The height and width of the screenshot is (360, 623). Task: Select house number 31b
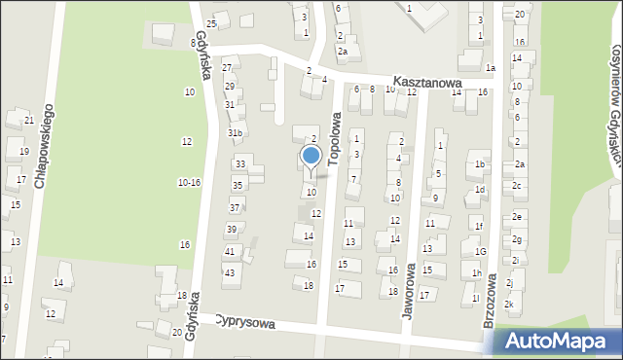click(235, 132)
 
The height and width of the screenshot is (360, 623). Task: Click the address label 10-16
click(189, 182)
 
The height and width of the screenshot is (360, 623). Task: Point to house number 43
click(230, 272)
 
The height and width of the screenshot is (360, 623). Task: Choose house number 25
click(212, 23)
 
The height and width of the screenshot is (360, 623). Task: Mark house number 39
click(231, 230)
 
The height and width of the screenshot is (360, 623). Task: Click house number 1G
click(480, 252)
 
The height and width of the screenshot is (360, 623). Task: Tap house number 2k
click(508, 305)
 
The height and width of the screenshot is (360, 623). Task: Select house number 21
click(29, 121)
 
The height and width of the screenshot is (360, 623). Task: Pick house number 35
click(237, 185)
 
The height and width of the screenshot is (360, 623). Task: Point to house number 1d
click(479, 190)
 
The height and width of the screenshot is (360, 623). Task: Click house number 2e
click(518, 216)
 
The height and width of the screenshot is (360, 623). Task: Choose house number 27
click(227, 67)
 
